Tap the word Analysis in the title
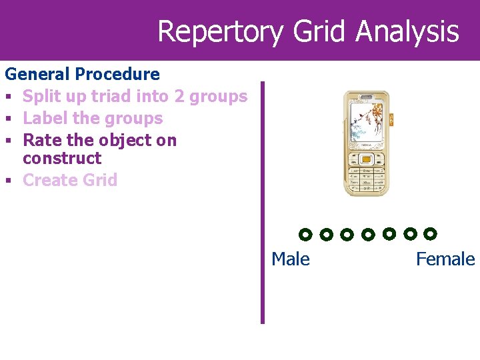(x=407, y=31)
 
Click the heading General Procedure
(x=82, y=74)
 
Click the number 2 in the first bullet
(x=179, y=96)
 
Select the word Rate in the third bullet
(x=41, y=140)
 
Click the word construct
(x=62, y=158)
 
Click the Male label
(x=291, y=259)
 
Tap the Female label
(x=445, y=259)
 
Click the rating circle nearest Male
(x=305, y=235)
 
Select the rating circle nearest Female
(x=430, y=233)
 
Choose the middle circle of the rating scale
(x=367, y=234)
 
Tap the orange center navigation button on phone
(x=366, y=159)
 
